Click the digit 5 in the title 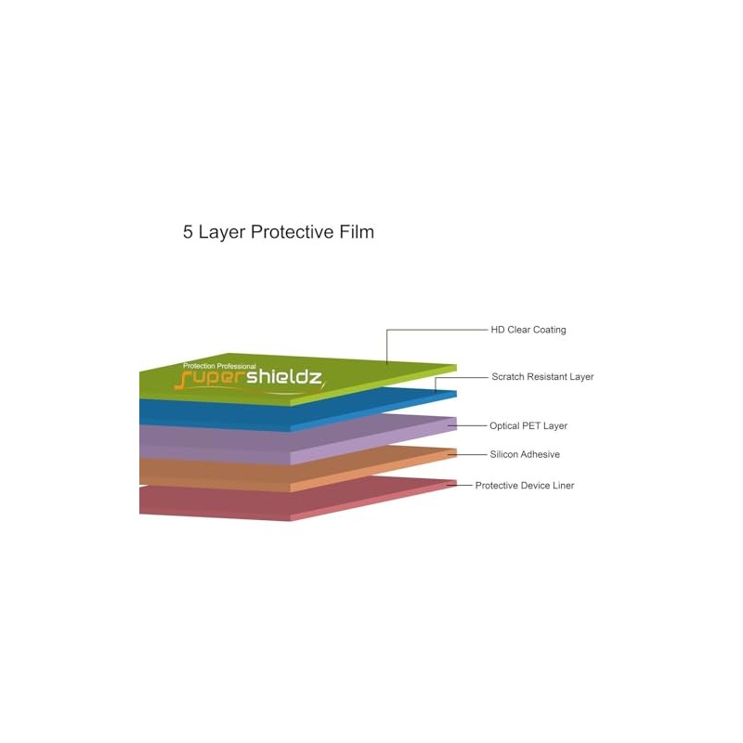point(188,232)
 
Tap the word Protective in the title point(293,232)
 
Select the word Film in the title point(357,232)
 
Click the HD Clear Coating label point(528,330)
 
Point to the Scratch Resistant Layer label point(542,377)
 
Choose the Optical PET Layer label point(528,426)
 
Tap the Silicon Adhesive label point(525,454)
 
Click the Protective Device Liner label point(525,486)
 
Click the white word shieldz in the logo point(285,378)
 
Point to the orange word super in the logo point(210,380)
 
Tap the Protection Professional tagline point(219,366)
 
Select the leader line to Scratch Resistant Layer point(461,378)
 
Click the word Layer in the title point(222,232)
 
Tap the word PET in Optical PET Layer point(531,426)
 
